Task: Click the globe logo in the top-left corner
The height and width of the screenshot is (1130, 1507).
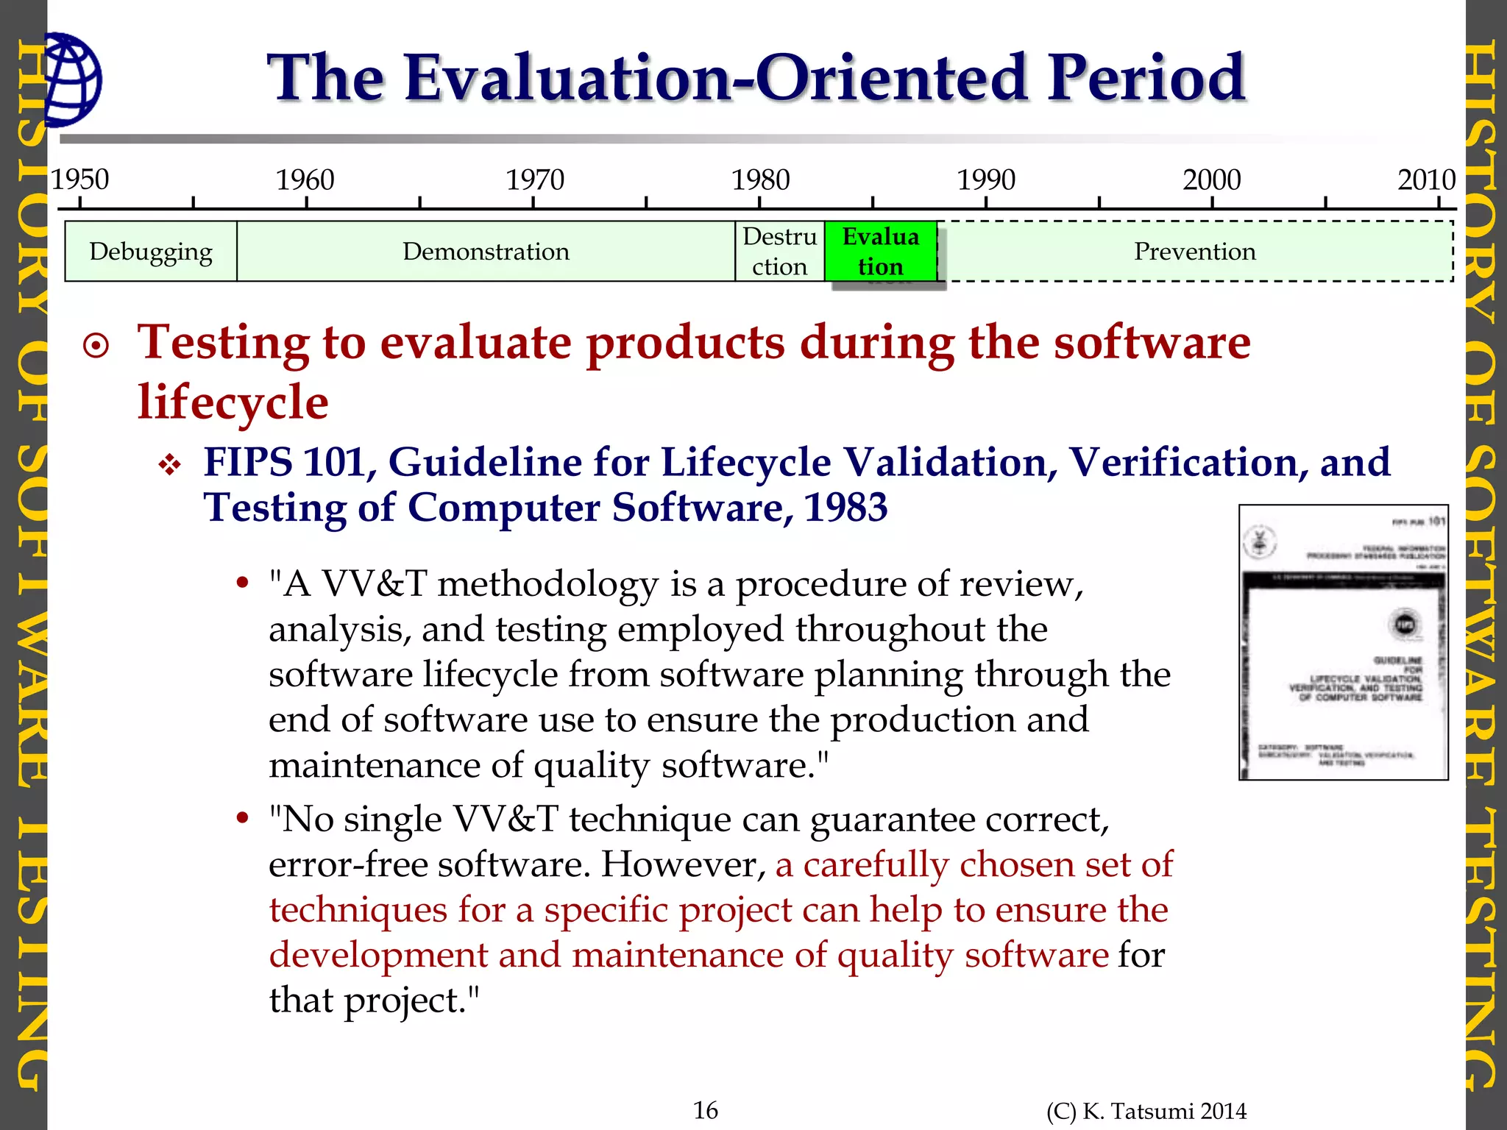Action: (x=72, y=79)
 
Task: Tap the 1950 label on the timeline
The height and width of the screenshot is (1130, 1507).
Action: (x=79, y=180)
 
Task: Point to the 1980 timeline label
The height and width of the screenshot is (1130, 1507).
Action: (x=760, y=180)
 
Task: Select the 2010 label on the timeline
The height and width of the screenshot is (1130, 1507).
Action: (x=1426, y=180)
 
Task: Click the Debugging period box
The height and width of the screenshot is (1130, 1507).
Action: (x=151, y=252)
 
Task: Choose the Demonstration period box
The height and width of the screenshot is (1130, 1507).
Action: (x=486, y=252)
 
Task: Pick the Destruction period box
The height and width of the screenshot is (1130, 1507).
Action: (x=779, y=252)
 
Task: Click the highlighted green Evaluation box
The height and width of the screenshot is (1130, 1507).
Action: (x=880, y=252)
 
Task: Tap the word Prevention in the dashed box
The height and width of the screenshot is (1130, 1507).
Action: (x=1194, y=252)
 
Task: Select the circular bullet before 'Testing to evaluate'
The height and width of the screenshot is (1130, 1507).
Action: (x=96, y=345)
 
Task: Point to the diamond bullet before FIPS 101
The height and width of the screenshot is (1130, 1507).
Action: (x=170, y=465)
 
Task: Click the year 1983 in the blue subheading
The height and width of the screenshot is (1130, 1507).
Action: (x=845, y=508)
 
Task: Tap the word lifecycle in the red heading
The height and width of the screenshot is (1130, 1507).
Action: (x=233, y=402)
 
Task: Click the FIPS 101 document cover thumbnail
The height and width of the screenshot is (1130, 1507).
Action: (x=1343, y=642)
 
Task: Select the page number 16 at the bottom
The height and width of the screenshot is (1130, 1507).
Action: (x=705, y=1109)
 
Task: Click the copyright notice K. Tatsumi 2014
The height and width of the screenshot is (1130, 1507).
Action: (x=1146, y=1111)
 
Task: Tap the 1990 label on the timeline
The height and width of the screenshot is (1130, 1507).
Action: (x=985, y=180)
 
